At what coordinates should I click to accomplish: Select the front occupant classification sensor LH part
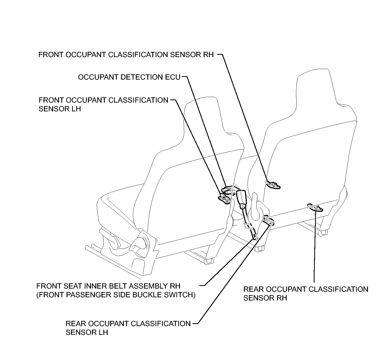click(x=224, y=199)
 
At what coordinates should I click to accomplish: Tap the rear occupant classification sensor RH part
click(x=315, y=208)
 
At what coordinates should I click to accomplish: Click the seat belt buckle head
click(x=241, y=199)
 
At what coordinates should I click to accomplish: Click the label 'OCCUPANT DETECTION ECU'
click(x=129, y=77)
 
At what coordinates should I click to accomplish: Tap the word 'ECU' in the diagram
click(x=172, y=77)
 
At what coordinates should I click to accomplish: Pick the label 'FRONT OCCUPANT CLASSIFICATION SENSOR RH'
click(x=126, y=55)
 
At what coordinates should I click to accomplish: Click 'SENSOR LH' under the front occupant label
click(x=60, y=109)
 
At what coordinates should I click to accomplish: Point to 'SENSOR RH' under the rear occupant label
click(x=265, y=298)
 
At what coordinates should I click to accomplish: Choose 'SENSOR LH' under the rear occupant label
click(x=87, y=332)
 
